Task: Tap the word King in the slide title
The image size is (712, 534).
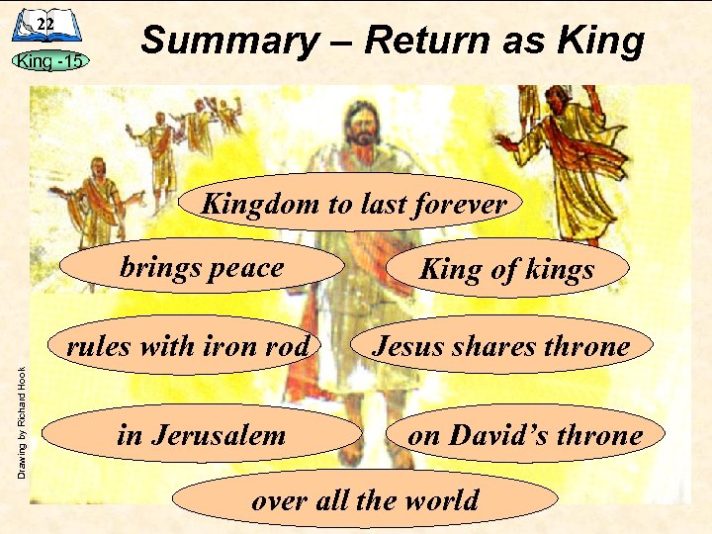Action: [x=602, y=42]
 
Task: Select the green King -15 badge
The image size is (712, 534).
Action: [x=48, y=60]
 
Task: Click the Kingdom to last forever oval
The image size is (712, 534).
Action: [x=354, y=204]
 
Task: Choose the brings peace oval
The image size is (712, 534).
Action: [x=203, y=267]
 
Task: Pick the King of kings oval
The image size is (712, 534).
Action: [x=507, y=269]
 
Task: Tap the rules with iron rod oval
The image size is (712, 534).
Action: [x=188, y=345]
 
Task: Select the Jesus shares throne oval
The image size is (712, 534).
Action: [x=501, y=345]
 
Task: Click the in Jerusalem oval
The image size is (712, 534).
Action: [x=203, y=434]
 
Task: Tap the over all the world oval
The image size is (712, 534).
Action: [x=365, y=499]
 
